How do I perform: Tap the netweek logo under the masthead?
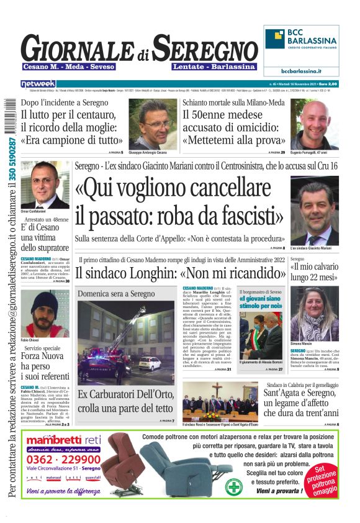click(x=38, y=83)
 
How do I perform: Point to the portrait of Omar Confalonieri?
click(x=45, y=184)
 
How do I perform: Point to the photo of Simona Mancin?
click(x=314, y=314)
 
